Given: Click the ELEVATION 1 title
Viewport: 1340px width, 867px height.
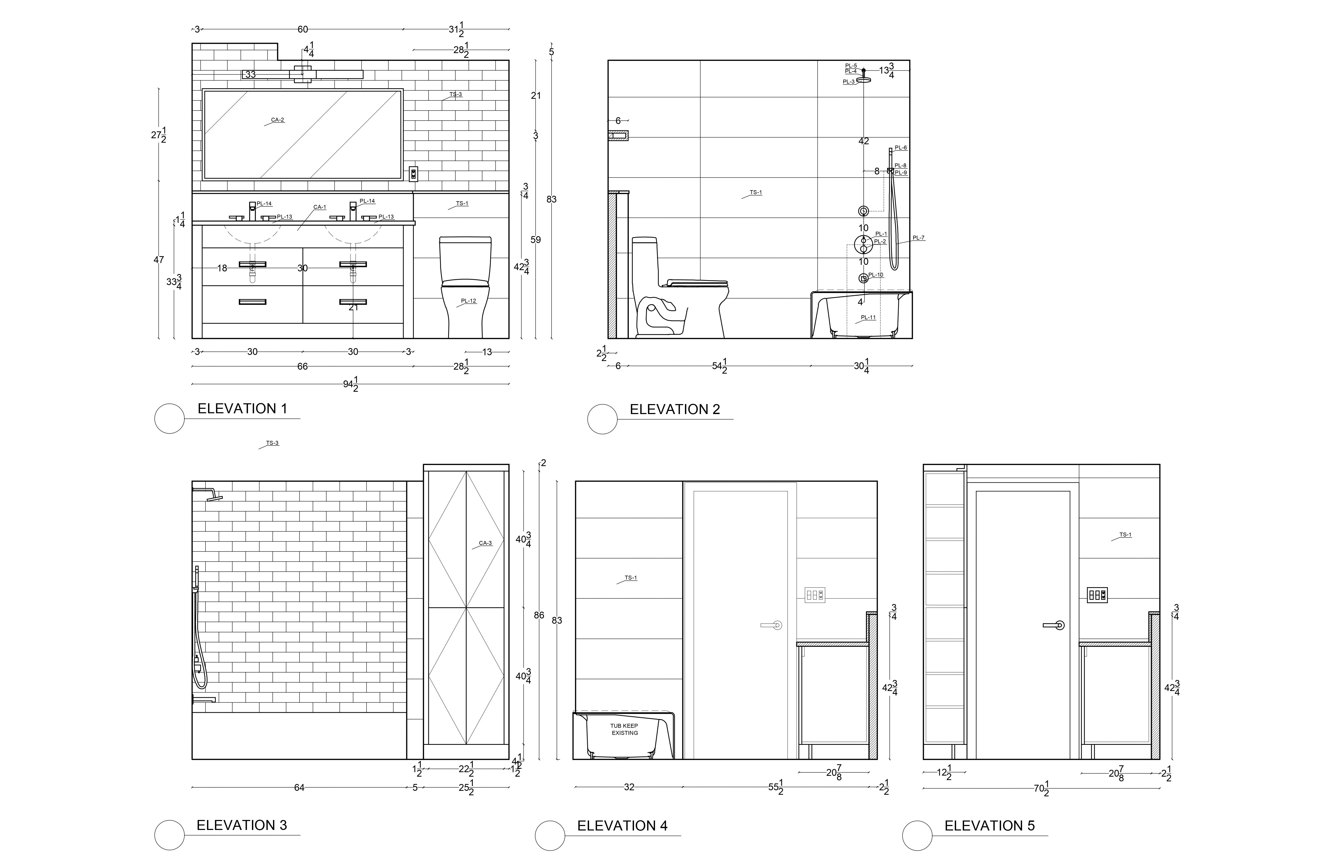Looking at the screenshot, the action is click(x=242, y=409).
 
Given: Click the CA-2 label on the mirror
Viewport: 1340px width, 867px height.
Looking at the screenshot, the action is click(x=277, y=120).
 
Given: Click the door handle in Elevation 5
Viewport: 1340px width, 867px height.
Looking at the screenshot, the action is click(x=1053, y=625).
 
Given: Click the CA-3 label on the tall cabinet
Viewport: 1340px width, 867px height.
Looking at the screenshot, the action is click(x=485, y=543).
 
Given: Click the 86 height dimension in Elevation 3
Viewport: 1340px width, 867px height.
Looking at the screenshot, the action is click(x=539, y=615).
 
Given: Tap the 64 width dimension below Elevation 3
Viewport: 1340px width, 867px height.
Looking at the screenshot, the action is click(x=299, y=788).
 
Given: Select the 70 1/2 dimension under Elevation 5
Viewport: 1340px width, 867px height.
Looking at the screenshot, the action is click(x=1042, y=788).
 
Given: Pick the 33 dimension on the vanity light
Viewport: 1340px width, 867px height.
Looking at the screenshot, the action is click(x=251, y=74).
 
